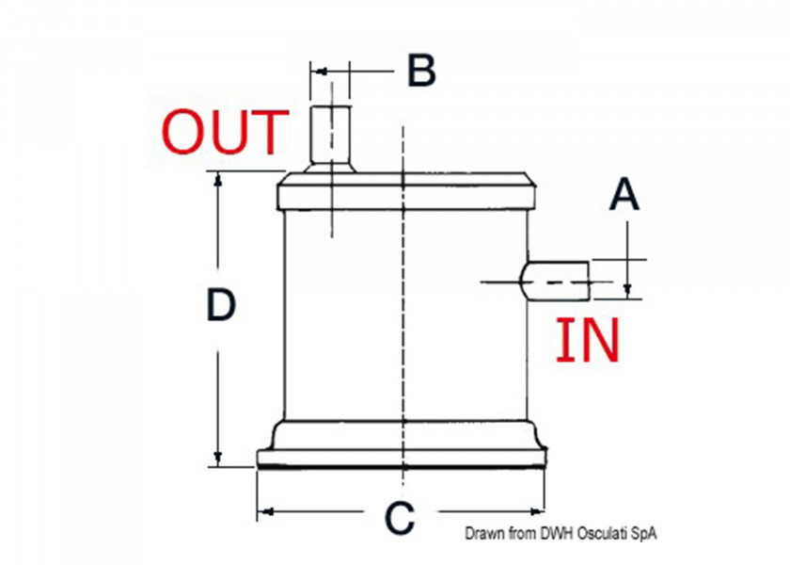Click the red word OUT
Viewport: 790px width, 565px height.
point(225,132)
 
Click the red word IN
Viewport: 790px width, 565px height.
point(588,340)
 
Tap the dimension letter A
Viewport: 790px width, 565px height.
point(624,194)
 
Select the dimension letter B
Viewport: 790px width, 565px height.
point(421,71)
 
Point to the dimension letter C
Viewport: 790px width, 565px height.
point(400,518)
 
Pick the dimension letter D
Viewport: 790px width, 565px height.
point(221,305)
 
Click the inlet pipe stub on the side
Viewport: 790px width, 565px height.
point(554,281)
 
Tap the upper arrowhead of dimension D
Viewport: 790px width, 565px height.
point(217,179)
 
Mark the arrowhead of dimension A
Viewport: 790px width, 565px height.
point(627,291)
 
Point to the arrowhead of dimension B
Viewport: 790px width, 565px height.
point(319,72)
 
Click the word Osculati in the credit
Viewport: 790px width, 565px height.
point(597,533)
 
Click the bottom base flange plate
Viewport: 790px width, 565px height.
point(402,458)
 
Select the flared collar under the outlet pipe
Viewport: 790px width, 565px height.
point(329,168)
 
